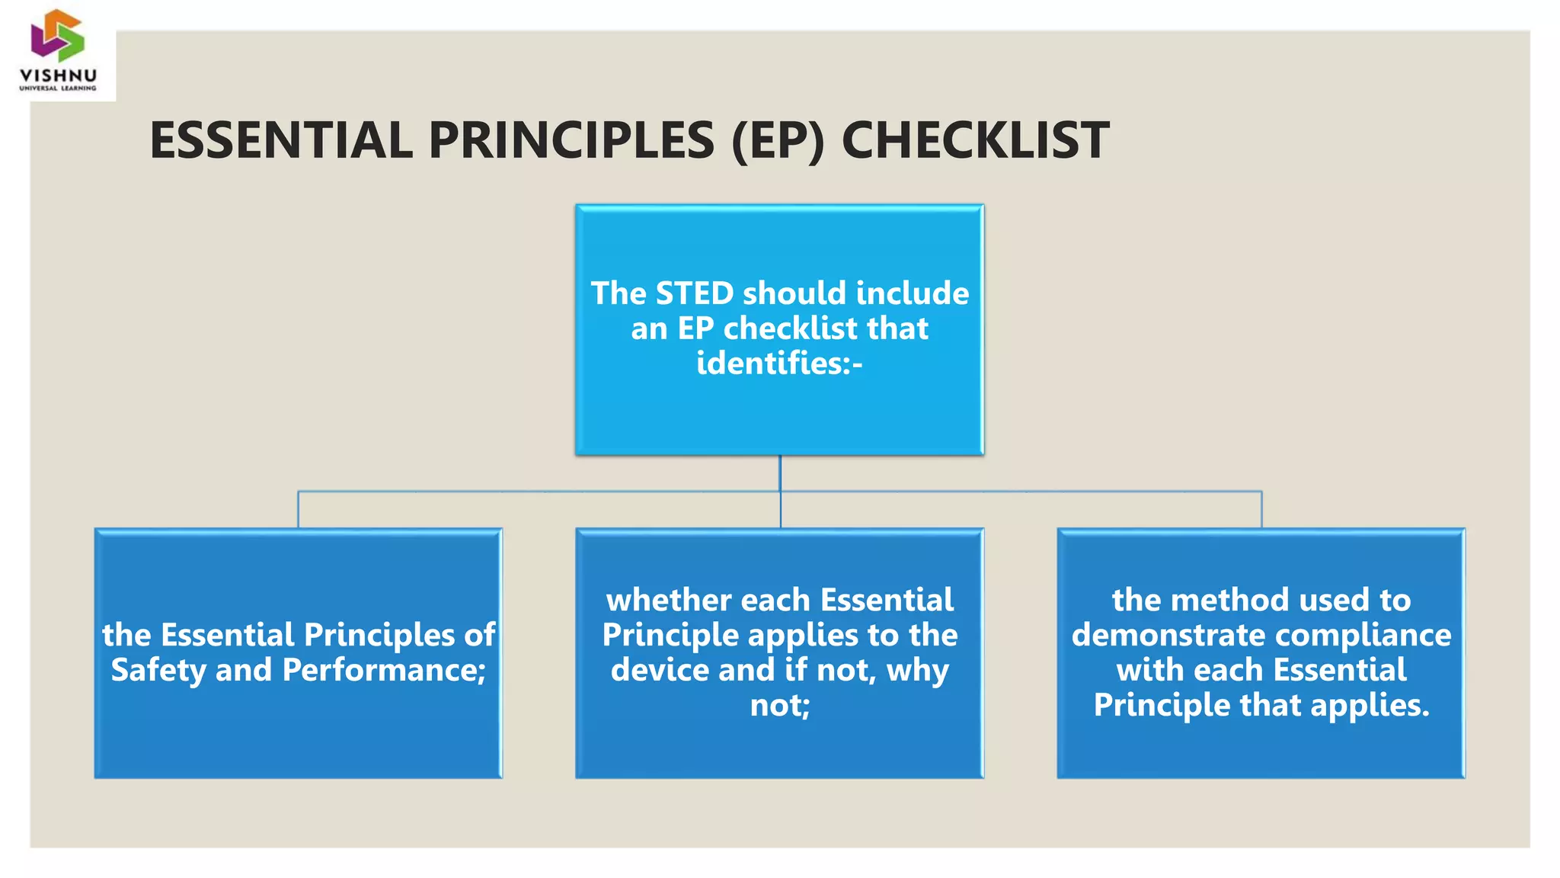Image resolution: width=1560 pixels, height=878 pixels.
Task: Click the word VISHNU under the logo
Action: pos(59,75)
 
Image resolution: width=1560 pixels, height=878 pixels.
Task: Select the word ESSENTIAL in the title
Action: pos(281,141)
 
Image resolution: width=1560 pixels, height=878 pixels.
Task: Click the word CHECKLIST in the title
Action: pos(975,141)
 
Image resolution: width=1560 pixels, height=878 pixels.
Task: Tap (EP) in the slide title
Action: pos(777,141)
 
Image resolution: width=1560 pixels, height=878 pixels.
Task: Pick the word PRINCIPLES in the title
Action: pos(571,141)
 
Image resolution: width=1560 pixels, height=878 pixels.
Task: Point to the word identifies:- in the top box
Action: pos(779,363)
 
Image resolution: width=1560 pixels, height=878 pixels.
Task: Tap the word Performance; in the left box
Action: pos(384,670)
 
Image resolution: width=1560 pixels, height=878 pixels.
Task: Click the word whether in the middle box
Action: pos(668,600)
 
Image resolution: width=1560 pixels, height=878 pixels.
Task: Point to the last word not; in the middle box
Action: pos(779,705)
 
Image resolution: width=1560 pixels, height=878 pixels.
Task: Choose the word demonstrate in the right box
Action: pos(1168,635)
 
